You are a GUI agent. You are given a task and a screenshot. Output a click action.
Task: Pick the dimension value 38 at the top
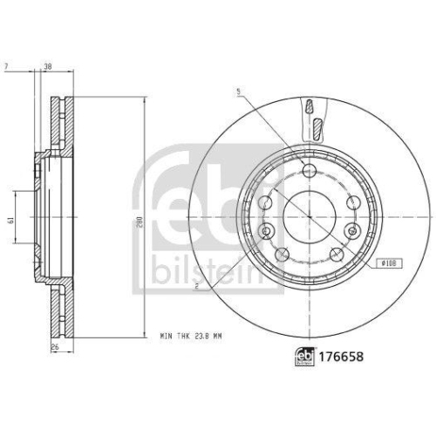(x=48, y=67)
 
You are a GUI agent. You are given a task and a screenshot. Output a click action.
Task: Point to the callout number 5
(x=236, y=92)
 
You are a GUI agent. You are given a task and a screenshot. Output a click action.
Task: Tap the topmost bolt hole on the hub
(x=309, y=168)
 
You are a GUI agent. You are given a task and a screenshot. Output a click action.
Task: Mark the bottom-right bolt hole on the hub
(x=335, y=253)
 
